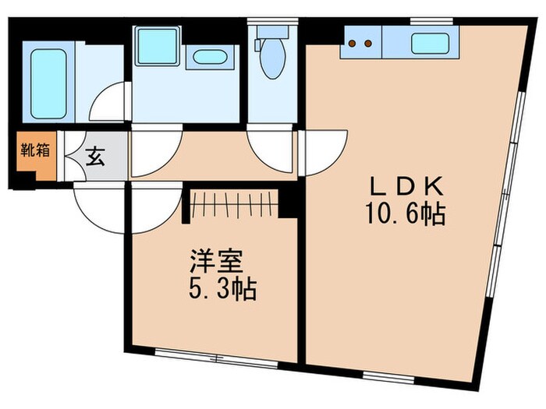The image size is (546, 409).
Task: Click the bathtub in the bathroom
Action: pyautogui.click(x=50, y=83)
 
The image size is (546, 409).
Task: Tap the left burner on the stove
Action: pyautogui.click(x=353, y=44)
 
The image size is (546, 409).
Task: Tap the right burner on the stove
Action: pyautogui.click(x=365, y=44)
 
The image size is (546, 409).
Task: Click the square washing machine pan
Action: pyautogui.click(x=158, y=46)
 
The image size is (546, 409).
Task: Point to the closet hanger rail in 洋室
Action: pyautogui.click(x=232, y=206)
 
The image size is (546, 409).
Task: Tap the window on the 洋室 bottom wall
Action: pyautogui.click(x=214, y=354)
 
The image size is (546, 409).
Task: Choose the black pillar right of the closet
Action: pyautogui.click(x=289, y=201)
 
